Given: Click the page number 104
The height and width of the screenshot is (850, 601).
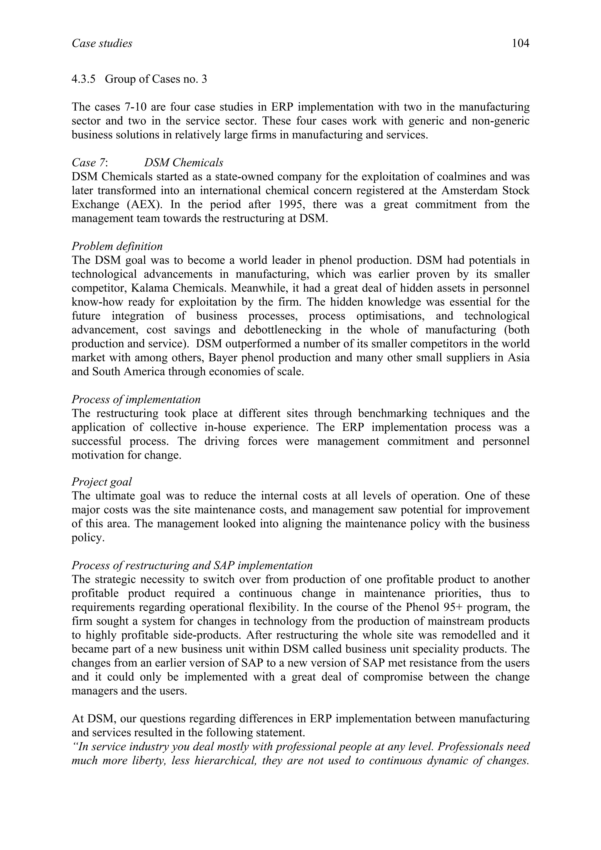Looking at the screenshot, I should tap(520, 44).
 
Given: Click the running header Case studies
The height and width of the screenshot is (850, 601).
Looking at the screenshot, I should tap(102, 44).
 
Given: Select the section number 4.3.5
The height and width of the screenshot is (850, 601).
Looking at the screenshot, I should tap(83, 79).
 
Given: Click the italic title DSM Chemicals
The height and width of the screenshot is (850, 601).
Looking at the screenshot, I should tap(184, 162).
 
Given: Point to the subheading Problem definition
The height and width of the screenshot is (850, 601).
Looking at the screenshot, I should tap(117, 246).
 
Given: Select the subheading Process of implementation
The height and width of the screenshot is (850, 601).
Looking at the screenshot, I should tap(136, 399).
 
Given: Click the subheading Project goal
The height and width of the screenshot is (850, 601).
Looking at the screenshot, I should tap(102, 482).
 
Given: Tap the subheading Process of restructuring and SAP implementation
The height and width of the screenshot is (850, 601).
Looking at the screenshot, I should tap(192, 565).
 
